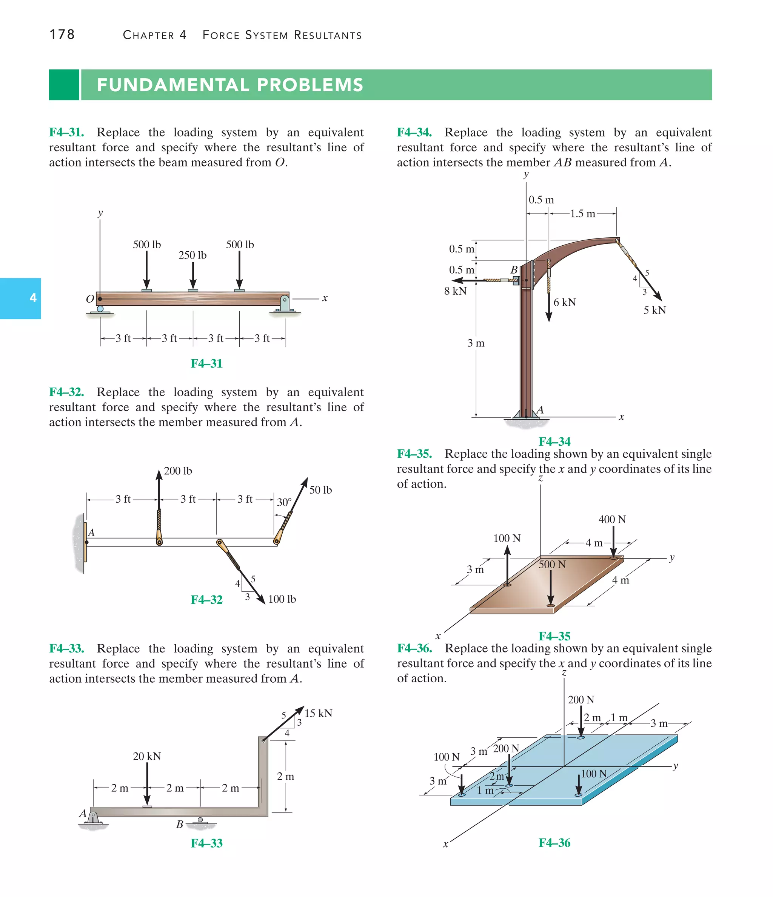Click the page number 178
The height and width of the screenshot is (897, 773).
[62, 35]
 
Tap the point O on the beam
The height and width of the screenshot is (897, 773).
[100, 299]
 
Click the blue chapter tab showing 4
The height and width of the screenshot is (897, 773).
[20, 298]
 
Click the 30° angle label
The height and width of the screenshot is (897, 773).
[284, 502]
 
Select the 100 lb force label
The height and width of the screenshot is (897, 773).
[282, 599]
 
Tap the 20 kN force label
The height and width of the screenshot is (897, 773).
[147, 756]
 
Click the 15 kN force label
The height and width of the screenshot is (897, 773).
[318, 713]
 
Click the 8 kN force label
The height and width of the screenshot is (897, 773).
[455, 291]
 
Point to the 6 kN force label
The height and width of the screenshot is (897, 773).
[565, 303]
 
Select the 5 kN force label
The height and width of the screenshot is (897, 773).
[654, 311]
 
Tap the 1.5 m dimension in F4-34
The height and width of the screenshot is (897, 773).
[582, 214]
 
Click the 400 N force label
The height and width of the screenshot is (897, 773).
[612, 520]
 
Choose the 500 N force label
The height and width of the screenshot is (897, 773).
[552, 565]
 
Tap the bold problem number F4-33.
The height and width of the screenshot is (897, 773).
[66, 649]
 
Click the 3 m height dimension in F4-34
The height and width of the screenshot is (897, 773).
[476, 343]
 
